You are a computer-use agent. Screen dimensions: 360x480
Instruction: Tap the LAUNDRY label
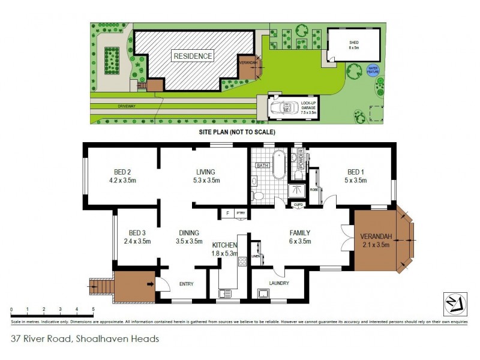pos(279,283)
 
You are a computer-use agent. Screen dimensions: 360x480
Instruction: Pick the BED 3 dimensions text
pos(137,241)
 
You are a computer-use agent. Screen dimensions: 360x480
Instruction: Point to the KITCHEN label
pos(225,245)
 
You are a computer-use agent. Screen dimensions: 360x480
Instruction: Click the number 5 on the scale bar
pos(93,309)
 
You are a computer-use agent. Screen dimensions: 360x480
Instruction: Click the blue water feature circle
pos(373,70)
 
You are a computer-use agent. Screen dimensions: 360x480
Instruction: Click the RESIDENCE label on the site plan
pos(193,56)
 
